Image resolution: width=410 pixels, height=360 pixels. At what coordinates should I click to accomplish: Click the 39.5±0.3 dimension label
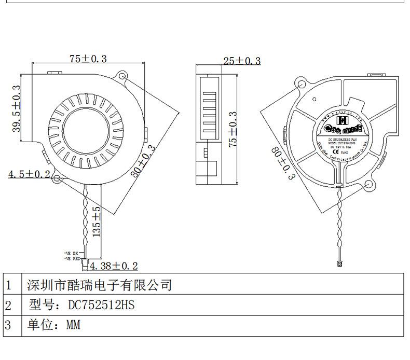tap(17, 108)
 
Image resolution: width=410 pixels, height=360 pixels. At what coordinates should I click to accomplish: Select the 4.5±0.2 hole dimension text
tap(29, 174)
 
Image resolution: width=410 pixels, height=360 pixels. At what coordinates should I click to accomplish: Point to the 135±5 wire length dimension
tap(97, 221)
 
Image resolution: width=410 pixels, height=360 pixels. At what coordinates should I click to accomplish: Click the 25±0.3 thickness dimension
tap(242, 61)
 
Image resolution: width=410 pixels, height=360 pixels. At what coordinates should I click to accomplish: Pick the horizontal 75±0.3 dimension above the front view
tap(88, 59)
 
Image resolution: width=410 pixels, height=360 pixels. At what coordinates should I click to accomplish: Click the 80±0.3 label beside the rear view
tap(282, 163)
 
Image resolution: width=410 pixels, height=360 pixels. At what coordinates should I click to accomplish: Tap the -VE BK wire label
tap(71, 253)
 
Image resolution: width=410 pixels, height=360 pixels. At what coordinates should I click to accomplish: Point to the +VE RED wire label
tap(72, 258)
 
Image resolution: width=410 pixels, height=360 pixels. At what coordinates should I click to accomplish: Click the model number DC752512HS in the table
tap(102, 305)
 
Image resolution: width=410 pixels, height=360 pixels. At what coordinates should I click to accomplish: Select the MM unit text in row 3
tap(73, 325)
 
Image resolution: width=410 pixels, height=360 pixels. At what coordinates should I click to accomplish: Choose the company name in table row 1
tap(99, 285)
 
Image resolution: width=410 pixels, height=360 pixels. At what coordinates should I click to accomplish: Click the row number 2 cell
tap(8, 305)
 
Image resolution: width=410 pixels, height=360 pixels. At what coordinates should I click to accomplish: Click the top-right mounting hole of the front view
tap(123, 76)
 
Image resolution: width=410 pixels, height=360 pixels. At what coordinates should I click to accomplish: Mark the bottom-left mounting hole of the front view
tap(57, 178)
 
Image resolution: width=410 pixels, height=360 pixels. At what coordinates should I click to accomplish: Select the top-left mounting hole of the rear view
tap(299, 83)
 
